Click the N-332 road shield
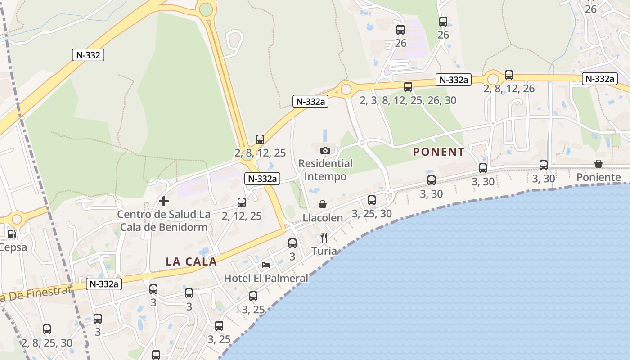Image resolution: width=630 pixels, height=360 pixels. pyautogui.click(x=88, y=55)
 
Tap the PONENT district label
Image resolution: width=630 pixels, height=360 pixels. pyautogui.click(x=439, y=152)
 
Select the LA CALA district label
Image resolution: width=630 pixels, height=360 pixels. pyautogui.click(x=192, y=261)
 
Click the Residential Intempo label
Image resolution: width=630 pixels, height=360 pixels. pyautogui.click(x=325, y=170)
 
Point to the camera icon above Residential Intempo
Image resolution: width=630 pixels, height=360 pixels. pyautogui.click(x=325, y=150)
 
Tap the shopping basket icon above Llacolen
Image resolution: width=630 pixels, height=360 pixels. pyautogui.click(x=323, y=204)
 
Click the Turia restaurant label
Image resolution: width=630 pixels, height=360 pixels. pyautogui.click(x=324, y=251)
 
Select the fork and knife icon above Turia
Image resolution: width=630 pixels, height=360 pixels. pyautogui.click(x=324, y=238)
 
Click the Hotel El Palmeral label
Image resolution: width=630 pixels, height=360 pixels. pyautogui.click(x=266, y=278)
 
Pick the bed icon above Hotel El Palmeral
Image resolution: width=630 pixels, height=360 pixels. pyautogui.click(x=266, y=265)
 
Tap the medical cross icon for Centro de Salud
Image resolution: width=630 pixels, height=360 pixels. pyautogui.click(x=164, y=201)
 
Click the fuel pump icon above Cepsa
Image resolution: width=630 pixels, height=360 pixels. pyautogui.click(x=12, y=234)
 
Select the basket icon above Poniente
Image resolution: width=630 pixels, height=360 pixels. pyautogui.click(x=598, y=164)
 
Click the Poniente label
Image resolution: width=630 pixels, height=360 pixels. pyautogui.click(x=598, y=177)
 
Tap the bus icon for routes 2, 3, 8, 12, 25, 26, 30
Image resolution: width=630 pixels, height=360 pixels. pyautogui.click(x=408, y=87)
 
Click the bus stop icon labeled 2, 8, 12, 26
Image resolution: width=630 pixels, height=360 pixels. pyautogui.click(x=509, y=75)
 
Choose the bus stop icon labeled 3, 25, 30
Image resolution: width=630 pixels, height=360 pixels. pyautogui.click(x=372, y=200)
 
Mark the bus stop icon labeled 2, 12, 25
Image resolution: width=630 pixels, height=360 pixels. pyautogui.click(x=242, y=202)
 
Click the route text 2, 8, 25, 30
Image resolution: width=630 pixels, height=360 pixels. pyautogui.click(x=47, y=343)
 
